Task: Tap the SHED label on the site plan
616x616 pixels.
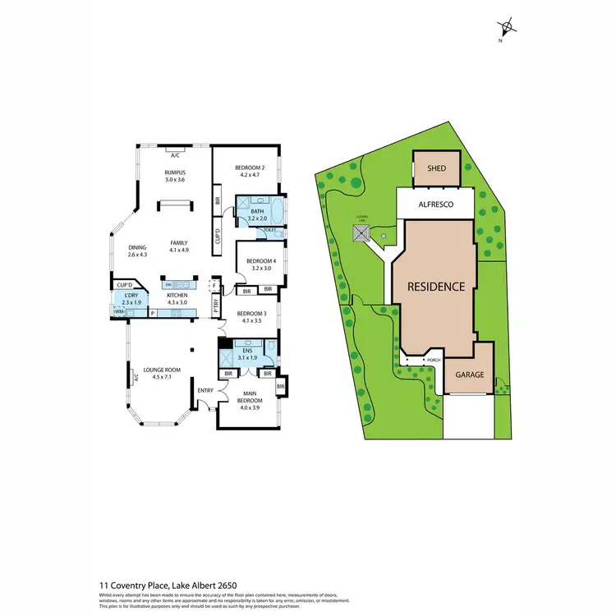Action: pyautogui.click(x=436, y=168)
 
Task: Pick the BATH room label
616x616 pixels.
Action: pyautogui.click(x=257, y=211)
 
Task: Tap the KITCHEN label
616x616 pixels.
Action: pyautogui.click(x=177, y=295)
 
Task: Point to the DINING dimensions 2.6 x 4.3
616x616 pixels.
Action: pyautogui.click(x=136, y=255)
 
